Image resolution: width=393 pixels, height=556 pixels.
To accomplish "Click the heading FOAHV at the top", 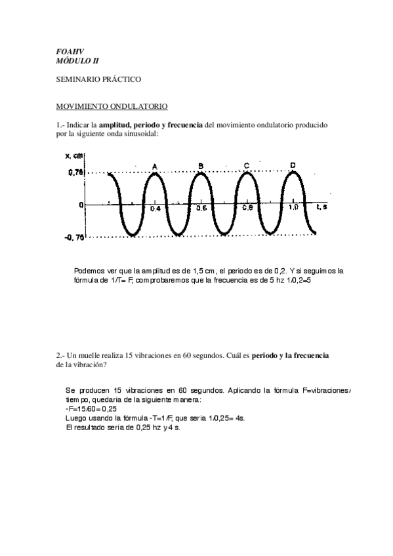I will (x=66, y=51).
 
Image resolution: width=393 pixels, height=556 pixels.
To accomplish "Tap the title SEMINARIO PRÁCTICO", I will (x=98, y=79).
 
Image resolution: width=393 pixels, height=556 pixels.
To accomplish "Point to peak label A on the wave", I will (x=155, y=167).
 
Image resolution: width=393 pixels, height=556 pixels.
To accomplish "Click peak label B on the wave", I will (x=201, y=165).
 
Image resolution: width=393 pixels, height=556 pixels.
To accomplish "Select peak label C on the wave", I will (x=246, y=165).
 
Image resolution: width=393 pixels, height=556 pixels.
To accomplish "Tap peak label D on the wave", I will (x=293, y=165).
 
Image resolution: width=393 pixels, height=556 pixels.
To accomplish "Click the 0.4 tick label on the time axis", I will (x=155, y=208).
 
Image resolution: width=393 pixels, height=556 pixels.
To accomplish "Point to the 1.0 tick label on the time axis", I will (x=294, y=207).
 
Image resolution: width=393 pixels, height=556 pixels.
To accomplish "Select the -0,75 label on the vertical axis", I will (x=73, y=238).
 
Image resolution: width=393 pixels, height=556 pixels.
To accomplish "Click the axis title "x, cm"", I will (x=74, y=156).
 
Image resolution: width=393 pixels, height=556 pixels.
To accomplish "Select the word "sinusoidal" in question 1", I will (x=140, y=134).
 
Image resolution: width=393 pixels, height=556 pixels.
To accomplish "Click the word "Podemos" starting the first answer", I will (x=89, y=271).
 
